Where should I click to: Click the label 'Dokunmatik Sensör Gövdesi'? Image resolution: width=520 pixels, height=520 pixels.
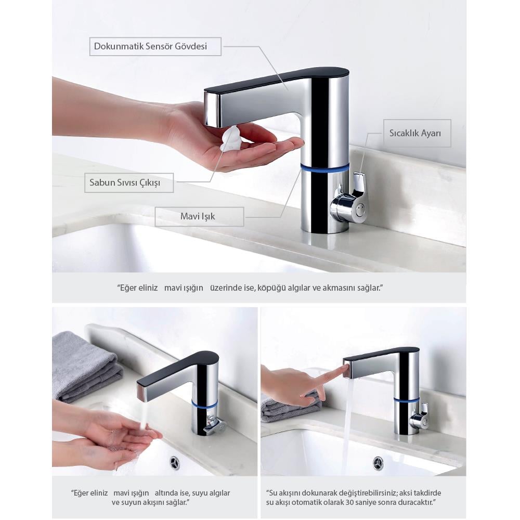coord(155,46)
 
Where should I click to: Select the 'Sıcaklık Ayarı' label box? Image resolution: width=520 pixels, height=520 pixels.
coord(417,133)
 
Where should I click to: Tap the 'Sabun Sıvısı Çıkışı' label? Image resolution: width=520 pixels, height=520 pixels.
coord(129,183)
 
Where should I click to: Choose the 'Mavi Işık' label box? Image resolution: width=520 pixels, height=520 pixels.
coord(199,216)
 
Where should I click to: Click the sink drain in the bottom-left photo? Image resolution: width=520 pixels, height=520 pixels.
coord(175,462)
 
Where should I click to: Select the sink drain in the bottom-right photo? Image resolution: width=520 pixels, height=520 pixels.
coord(378,462)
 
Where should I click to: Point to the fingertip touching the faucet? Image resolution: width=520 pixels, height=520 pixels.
coord(345,367)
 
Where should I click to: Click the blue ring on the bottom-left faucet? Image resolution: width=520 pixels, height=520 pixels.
coord(204,404)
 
